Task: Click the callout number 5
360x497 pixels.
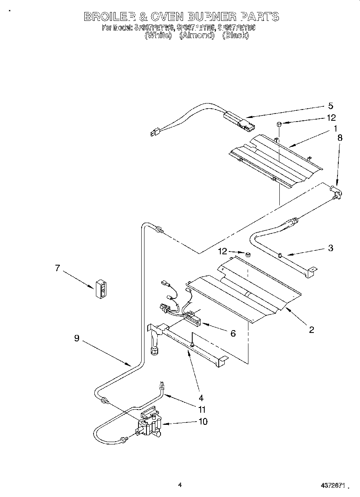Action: pos(330,106)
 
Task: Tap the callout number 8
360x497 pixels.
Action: pos(340,137)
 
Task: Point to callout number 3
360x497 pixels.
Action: pos(330,248)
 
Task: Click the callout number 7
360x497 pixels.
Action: pos(57,268)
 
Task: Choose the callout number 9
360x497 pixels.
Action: pos(76,338)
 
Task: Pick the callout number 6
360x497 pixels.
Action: pos(233,333)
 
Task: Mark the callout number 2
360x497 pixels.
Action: pos(311,330)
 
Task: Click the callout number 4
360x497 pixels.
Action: pos(201,398)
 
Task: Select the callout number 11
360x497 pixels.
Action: pos(201,410)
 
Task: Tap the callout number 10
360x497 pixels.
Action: pos(203,421)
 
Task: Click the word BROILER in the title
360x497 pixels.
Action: pos(109,17)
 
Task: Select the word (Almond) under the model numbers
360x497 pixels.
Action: pos(196,35)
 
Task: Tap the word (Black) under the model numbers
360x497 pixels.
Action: pos(236,35)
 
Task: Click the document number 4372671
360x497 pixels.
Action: pos(332,486)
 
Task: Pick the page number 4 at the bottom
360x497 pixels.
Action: pos(180,485)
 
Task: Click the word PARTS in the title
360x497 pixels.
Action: pos(259,17)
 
